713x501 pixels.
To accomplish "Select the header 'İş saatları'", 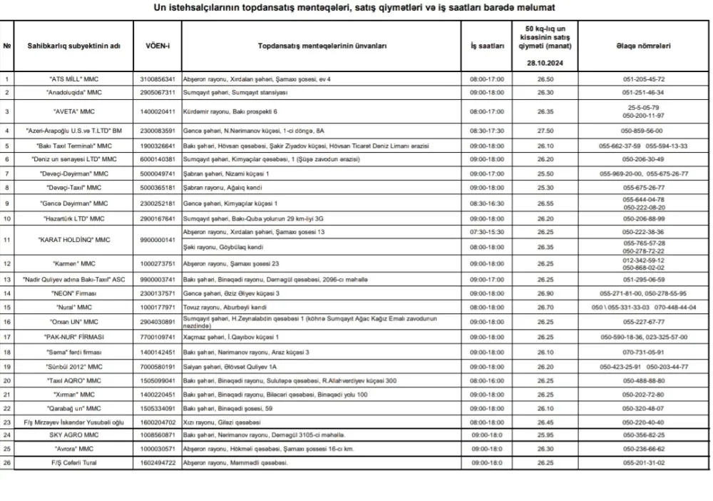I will point(487,46).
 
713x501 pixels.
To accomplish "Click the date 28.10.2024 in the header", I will point(545,63).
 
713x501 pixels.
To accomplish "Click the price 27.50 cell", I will point(545,131).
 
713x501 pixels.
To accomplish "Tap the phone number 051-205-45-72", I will point(643,79).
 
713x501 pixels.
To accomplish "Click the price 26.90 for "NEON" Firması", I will point(545,293).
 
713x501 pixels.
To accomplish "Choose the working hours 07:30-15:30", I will point(487,232).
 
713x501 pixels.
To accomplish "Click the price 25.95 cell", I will point(545,434).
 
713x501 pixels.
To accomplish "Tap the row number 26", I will point(7,462).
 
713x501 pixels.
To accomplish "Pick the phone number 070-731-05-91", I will point(643,352).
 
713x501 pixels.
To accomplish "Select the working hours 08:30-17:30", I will point(487,131).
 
